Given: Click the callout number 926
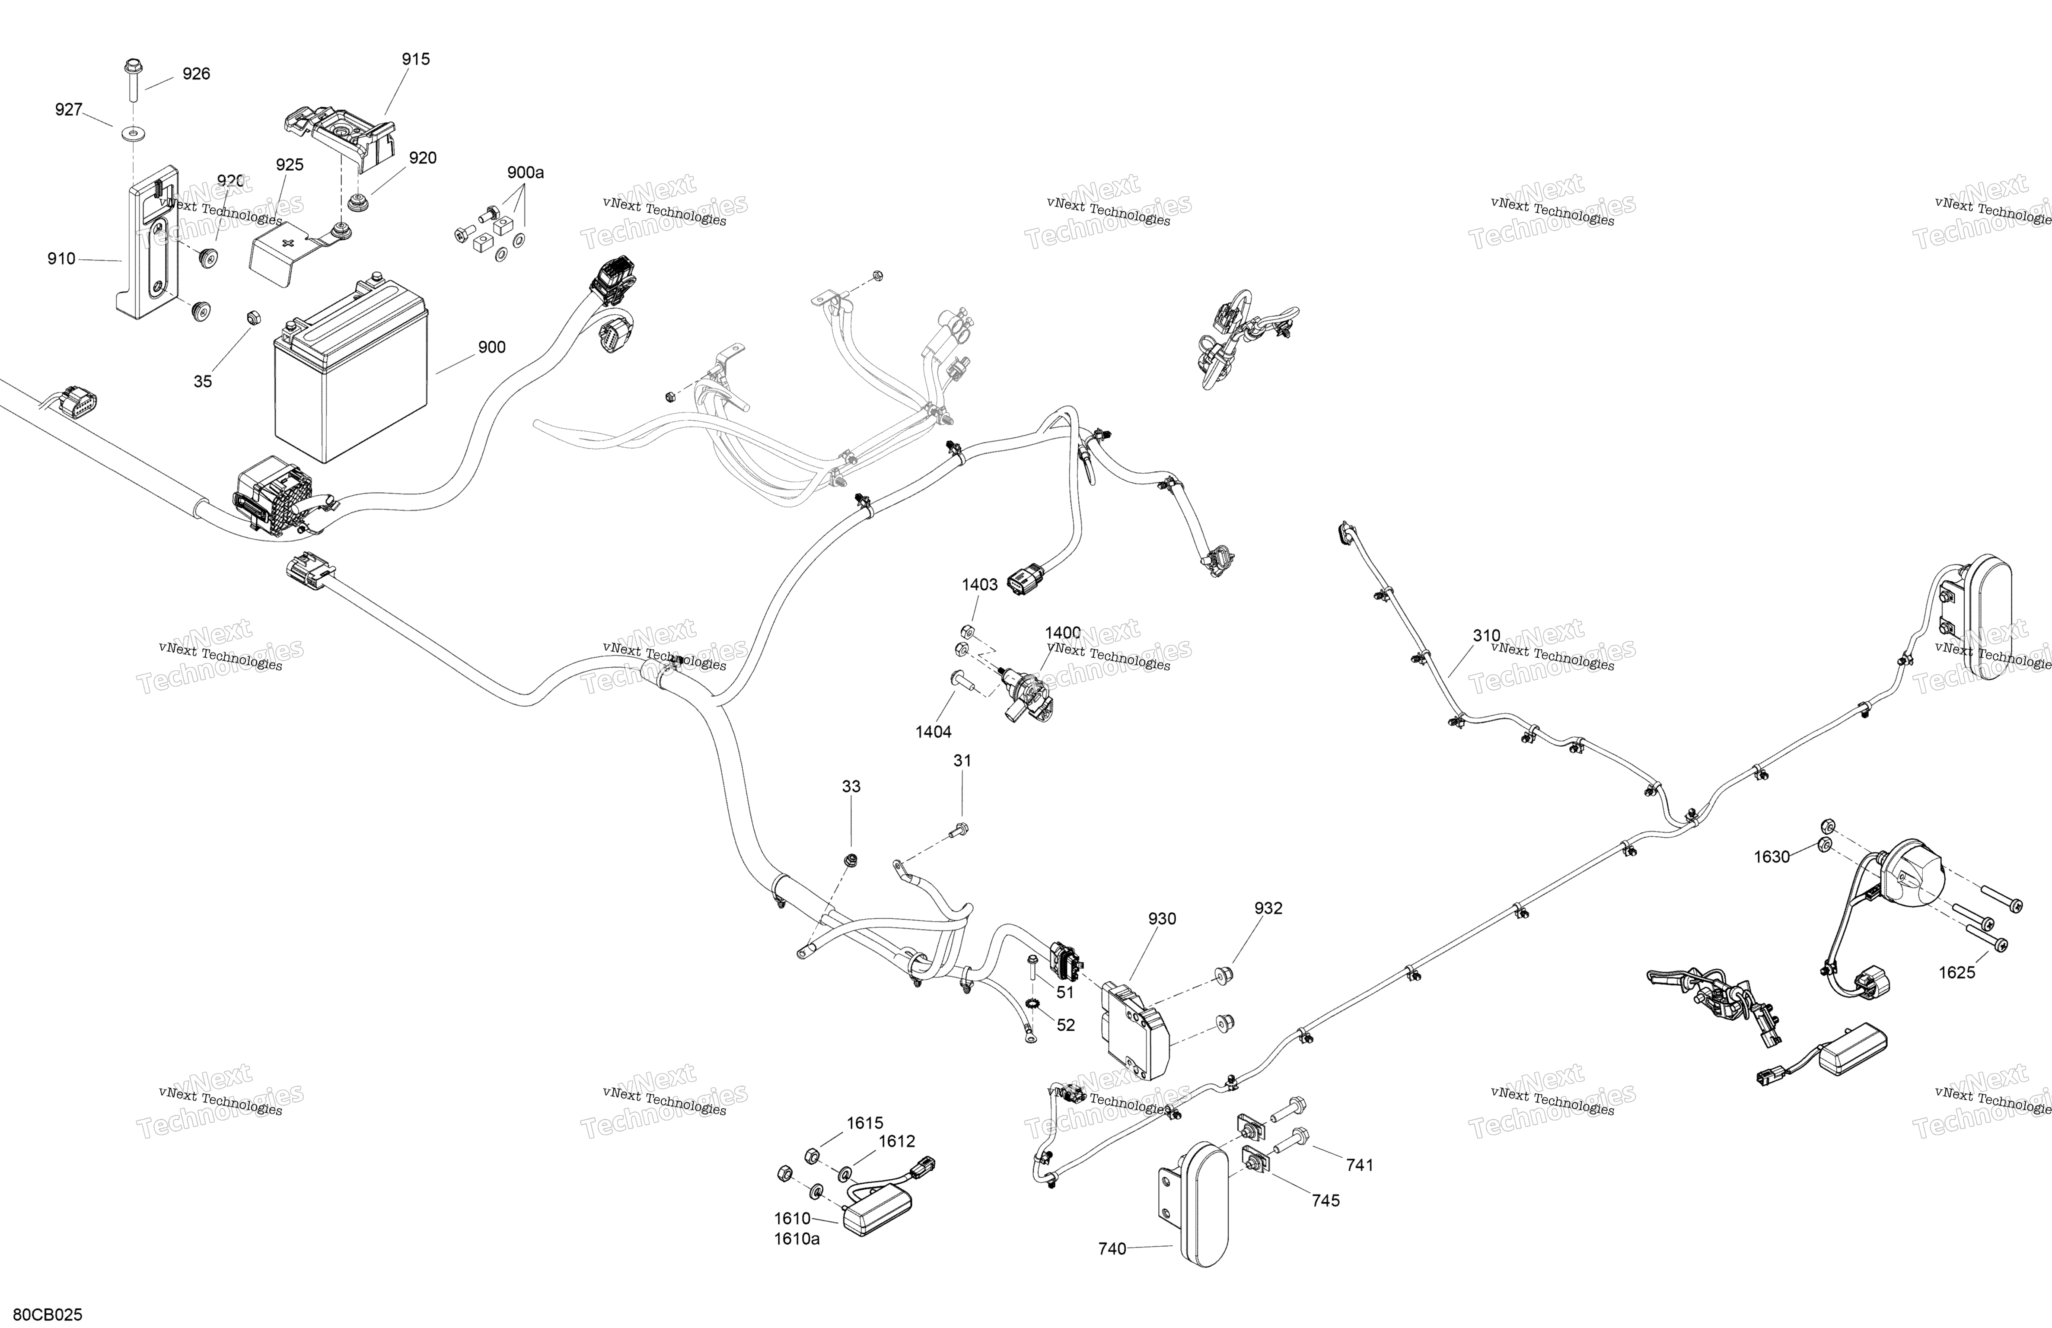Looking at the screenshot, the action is pyautogui.click(x=197, y=74).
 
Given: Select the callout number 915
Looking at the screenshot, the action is pyautogui.click(x=416, y=60).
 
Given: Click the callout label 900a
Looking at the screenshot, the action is pyautogui.click(x=525, y=172).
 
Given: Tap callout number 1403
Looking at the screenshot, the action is pyautogui.click(x=980, y=585).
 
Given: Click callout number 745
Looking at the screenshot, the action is pyautogui.click(x=1326, y=1201).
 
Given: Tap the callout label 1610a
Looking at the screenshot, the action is pyautogui.click(x=797, y=1239).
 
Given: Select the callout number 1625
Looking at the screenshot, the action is pyautogui.click(x=1957, y=973).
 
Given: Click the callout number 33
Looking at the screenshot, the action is pyautogui.click(x=851, y=787).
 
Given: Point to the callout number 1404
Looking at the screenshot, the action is pyautogui.click(x=934, y=732).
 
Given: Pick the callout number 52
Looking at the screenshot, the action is pyautogui.click(x=1067, y=1025).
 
